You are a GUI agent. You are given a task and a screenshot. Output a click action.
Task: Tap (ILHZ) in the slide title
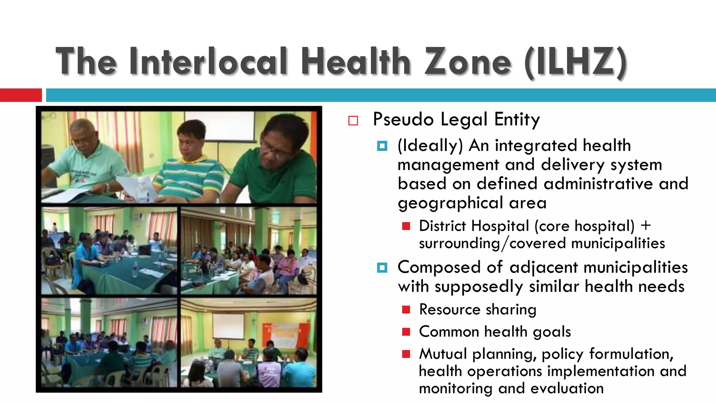tap(575, 62)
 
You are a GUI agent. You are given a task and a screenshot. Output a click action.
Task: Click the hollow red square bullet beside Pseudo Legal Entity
tap(353, 121)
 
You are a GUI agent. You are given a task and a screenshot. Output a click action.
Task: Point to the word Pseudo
tap(403, 119)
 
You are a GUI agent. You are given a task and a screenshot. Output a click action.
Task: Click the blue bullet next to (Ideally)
tap(382, 146)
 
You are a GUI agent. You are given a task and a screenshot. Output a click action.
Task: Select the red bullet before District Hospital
tap(406, 226)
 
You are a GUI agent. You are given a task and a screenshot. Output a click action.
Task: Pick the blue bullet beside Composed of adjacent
tap(382, 268)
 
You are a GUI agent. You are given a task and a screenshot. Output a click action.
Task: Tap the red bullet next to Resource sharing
tap(406, 310)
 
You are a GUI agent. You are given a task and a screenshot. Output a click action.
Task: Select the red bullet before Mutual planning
tap(406, 354)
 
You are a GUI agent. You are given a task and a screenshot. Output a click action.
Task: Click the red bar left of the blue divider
tap(21, 95)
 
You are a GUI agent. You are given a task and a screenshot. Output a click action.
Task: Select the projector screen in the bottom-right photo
tap(228, 326)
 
